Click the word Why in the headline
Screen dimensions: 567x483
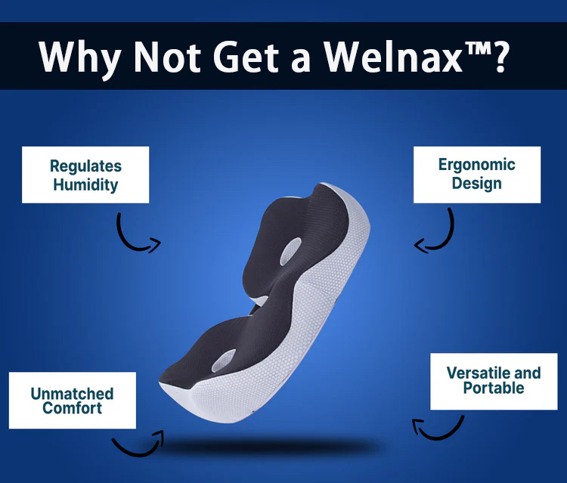tap(80, 58)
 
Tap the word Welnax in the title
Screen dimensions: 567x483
tap(393, 57)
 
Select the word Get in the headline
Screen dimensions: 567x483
tap(246, 57)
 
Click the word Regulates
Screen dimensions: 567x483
tap(85, 166)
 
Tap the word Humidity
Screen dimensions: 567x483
tap(85, 184)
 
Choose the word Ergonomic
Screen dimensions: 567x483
tap(476, 165)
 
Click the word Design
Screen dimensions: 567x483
tap(476, 183)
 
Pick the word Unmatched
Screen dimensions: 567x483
tap(72, 394)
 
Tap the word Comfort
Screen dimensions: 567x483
tap(72, 408)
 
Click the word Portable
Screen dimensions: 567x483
tap(494, 388)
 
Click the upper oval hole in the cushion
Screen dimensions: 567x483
tap(290, 251)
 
